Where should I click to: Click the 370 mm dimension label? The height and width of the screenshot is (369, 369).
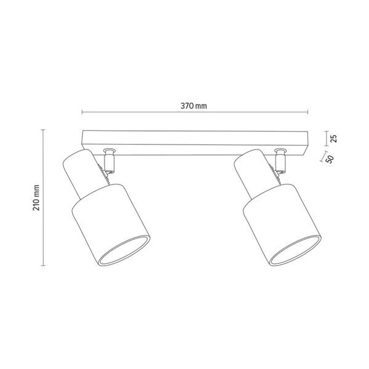pos(194,106)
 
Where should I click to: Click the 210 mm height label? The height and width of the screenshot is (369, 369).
pos(36,197)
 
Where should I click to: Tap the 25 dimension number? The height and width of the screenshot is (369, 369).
pos(334,138)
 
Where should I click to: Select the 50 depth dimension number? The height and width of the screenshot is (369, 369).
pos(330,159)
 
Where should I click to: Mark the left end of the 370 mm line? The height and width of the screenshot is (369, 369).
pos(82,112)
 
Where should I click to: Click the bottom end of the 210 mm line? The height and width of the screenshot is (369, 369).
pos(42,266)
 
